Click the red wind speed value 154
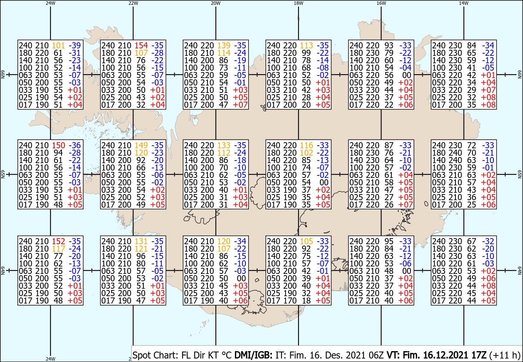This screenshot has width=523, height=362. [x=141, y=45]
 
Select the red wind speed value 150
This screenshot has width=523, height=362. [x=58, y=145]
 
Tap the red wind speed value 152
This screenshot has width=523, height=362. [x=58, y=241]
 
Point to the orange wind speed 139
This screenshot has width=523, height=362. [x=224, y=45]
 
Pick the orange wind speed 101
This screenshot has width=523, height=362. [x=58, y=45]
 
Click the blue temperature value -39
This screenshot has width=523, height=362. [x=75, y=45]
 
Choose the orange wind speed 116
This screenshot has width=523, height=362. [x=306, y=145]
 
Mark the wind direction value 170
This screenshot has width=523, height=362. [x=290, y=301]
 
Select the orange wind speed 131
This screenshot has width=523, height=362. [x=141, y=241]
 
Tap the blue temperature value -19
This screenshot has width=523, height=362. [x=240, y=60]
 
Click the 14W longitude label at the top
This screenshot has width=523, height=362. [x=464, y=3]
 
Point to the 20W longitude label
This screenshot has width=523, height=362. [x=216, y=3]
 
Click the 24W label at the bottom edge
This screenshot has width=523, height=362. [x=51, y=359]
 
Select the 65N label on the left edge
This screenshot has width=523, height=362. [x=3, y=174]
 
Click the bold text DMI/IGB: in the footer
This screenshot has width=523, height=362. [x=253, y=355]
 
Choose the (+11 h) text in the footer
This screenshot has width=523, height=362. [x=505, y=355]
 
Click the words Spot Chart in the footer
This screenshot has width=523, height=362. [x=156, y=355]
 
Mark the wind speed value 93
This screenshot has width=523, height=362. [x=389, y=45]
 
